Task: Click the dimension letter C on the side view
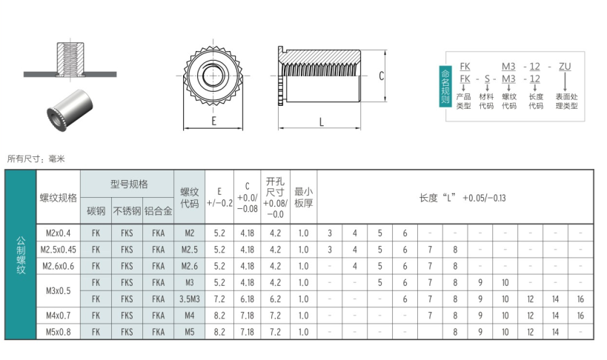tap(381, 76)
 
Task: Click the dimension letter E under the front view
tap(213, 121)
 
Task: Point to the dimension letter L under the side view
tap(322, 122)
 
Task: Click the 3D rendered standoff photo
tap(70, 110)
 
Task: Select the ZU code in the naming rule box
tap(565, 67)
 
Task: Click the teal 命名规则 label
tap(445, 87)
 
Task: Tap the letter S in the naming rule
tap(487, 79)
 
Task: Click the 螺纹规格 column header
tap(58, 198)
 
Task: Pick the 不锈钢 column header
tap(127, 211)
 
